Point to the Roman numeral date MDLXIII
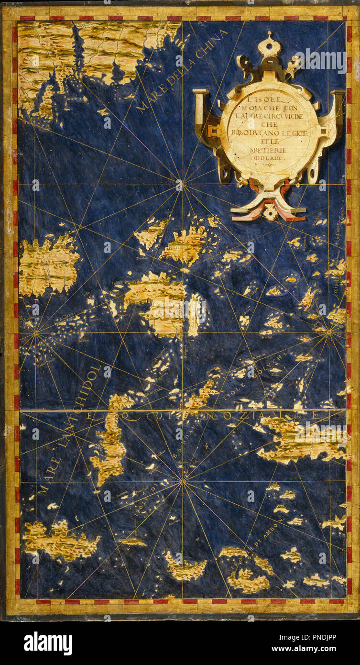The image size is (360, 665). click(271, 156)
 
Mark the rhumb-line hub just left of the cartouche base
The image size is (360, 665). click(180, 184)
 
